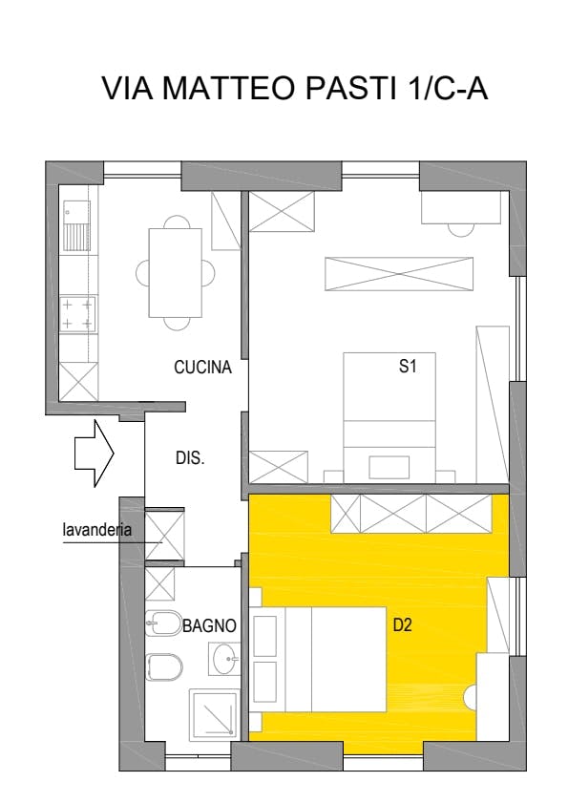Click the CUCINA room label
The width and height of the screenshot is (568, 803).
202,368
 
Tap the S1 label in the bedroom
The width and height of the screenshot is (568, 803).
408,366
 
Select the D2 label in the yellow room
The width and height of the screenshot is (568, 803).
402,624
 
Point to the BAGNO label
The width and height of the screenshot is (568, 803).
209,625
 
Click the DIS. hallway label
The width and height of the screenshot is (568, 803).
190,457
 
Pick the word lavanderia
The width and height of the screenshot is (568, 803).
96,530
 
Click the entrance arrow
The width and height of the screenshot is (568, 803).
95,454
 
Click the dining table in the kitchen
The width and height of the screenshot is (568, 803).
175,273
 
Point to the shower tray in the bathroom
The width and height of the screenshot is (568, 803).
214,715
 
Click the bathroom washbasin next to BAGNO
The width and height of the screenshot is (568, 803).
223,659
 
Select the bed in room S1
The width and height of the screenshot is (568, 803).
389,417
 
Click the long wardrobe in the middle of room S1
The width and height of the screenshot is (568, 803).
399,274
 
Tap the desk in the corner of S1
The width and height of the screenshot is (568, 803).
460,207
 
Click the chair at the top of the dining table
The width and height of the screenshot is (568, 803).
175,222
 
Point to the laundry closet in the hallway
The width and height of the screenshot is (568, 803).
164,535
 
